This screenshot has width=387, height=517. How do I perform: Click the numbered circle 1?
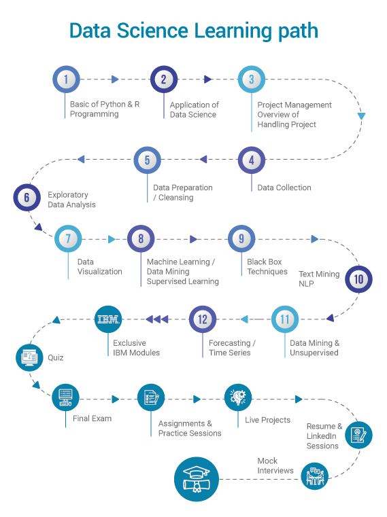coord(66,79)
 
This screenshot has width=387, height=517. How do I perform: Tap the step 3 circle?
coord(251,79)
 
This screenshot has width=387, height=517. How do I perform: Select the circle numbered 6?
coord(27,198)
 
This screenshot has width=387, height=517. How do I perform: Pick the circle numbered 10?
coord(358,279)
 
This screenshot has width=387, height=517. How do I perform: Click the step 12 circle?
coord(202,319)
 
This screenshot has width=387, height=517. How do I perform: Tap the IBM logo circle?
coord(109,319)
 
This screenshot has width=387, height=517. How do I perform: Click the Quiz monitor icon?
coord(29,357)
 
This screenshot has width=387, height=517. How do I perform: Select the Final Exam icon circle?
coord(66,397)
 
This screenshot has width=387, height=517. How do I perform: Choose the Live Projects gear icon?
coord(238,397)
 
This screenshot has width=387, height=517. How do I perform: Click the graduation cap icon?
coord(197,480)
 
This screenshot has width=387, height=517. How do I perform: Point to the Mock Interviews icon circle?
coord(314,476)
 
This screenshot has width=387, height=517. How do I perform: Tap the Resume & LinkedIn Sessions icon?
coord(358,435)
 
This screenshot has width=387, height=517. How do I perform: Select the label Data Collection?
coord(284,188)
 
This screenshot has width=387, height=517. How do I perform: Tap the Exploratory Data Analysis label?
coord(71,200)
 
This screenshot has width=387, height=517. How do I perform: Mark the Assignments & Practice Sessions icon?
coord(151,397)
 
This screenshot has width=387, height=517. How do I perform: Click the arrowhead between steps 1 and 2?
coord(115,79)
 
